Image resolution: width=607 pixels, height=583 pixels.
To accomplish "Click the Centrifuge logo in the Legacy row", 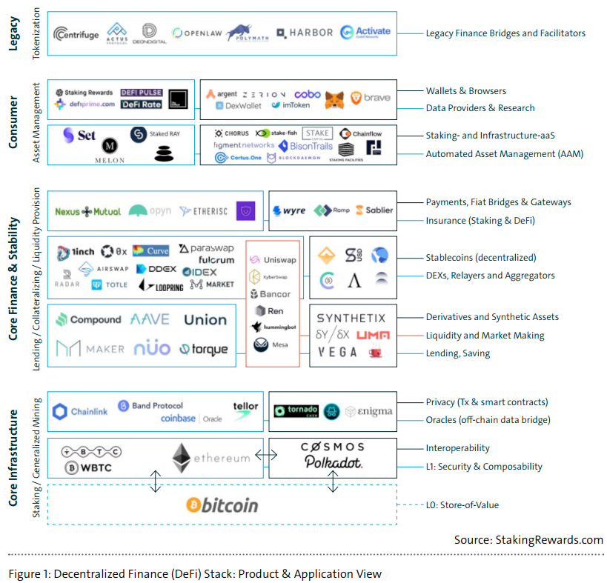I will (x=76, y=34).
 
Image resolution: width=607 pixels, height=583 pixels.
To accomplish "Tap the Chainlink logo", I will (x=79, y=412).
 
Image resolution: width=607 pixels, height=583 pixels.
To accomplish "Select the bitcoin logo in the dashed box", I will (x=222, y=505).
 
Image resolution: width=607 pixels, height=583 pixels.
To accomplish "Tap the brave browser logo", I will (x=370, y=98).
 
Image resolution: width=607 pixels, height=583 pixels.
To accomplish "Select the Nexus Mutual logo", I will (x=87, y=211).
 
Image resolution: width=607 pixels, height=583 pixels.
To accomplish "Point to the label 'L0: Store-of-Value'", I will (x=462, y=505).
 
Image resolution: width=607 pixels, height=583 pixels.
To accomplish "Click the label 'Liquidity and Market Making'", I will (x=485, y=336).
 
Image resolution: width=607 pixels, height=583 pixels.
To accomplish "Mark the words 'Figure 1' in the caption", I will (x=30, y=573).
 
